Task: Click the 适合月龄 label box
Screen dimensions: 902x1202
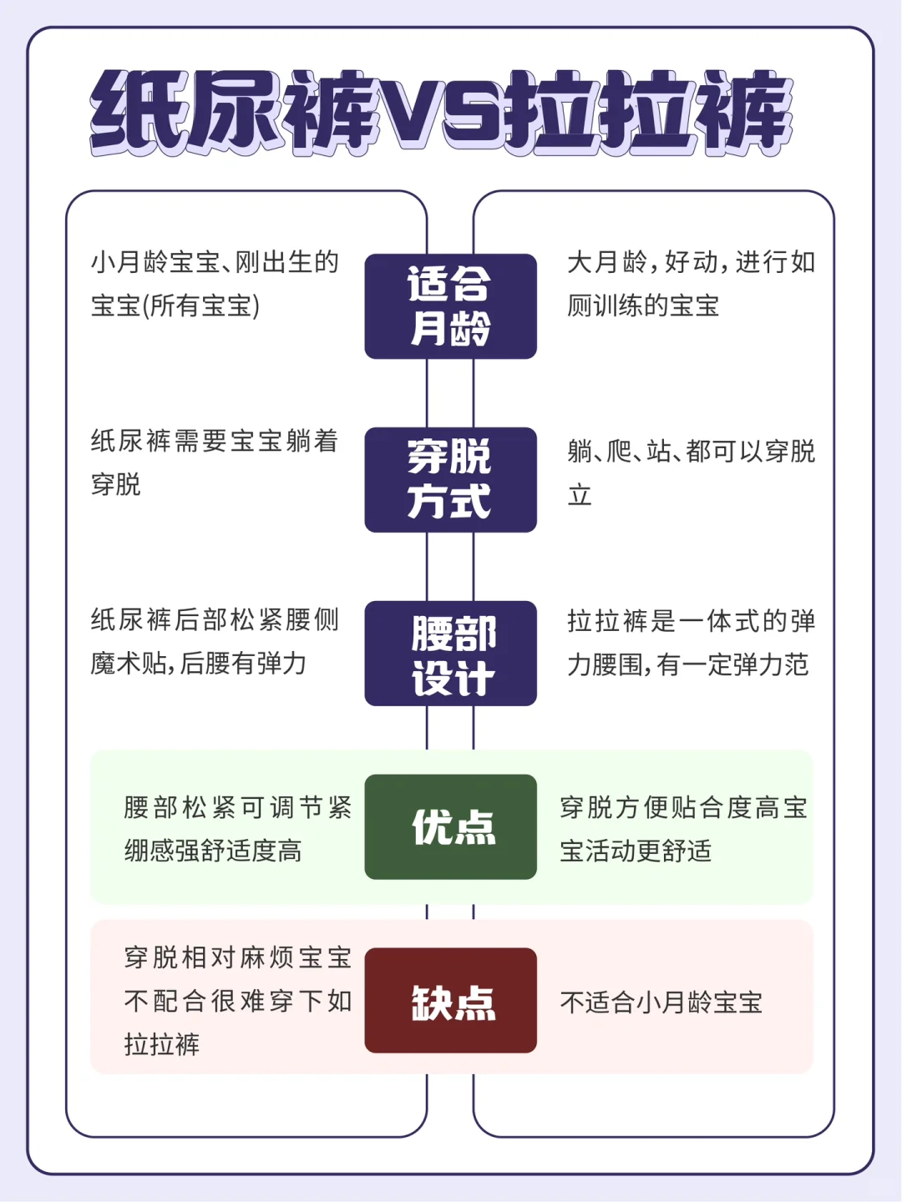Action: coord(450,306)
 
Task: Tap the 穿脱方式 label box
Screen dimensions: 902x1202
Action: coord(450,480)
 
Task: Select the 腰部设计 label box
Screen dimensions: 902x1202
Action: coord(450,654)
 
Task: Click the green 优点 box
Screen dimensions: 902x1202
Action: coord(450,827)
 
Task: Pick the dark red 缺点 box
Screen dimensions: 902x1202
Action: coord(450,1001)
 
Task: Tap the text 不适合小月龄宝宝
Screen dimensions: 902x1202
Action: coord(661,1002)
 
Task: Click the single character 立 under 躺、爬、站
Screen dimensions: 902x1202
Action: coord(580,495)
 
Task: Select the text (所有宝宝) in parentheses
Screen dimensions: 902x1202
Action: coord(200,306)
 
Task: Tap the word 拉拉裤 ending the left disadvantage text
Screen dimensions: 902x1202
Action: coord(161,1044)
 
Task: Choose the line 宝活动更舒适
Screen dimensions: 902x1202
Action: coord(636,851)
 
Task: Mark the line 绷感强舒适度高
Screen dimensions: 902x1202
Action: coord(213,851)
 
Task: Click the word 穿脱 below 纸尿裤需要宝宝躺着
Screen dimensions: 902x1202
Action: coord(116,484)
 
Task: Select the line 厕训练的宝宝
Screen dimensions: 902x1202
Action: coord(643,306)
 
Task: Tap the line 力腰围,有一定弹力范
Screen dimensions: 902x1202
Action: coord(687,665)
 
